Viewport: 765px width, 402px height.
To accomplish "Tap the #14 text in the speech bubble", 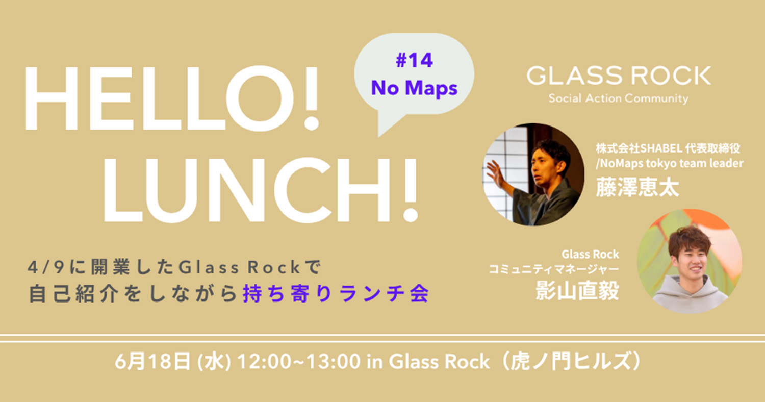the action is pos(414,61).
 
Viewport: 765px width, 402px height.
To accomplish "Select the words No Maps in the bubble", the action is pos(414,88).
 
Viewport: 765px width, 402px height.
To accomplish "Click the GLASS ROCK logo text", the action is pos(619,76).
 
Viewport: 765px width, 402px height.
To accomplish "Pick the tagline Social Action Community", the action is pos(619,98).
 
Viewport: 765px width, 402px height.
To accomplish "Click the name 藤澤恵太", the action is pos(637,188).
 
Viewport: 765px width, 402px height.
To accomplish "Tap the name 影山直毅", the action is pos(577,291).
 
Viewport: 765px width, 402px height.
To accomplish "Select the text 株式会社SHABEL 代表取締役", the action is pos(668,148).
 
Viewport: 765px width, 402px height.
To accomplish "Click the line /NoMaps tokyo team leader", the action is pos(670,163).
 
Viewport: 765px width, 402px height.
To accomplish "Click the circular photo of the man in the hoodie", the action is pos(690,261).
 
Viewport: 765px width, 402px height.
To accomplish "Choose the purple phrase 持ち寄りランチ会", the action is pos(336,294).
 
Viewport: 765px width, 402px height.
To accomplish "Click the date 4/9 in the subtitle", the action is pos(46,267).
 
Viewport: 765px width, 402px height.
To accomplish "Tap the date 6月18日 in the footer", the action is pos(152,361).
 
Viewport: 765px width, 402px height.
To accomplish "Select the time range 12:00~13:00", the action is pos(298,361).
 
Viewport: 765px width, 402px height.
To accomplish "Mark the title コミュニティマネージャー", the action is pos(553,269).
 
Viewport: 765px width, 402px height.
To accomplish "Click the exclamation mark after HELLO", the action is pos(311,98).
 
